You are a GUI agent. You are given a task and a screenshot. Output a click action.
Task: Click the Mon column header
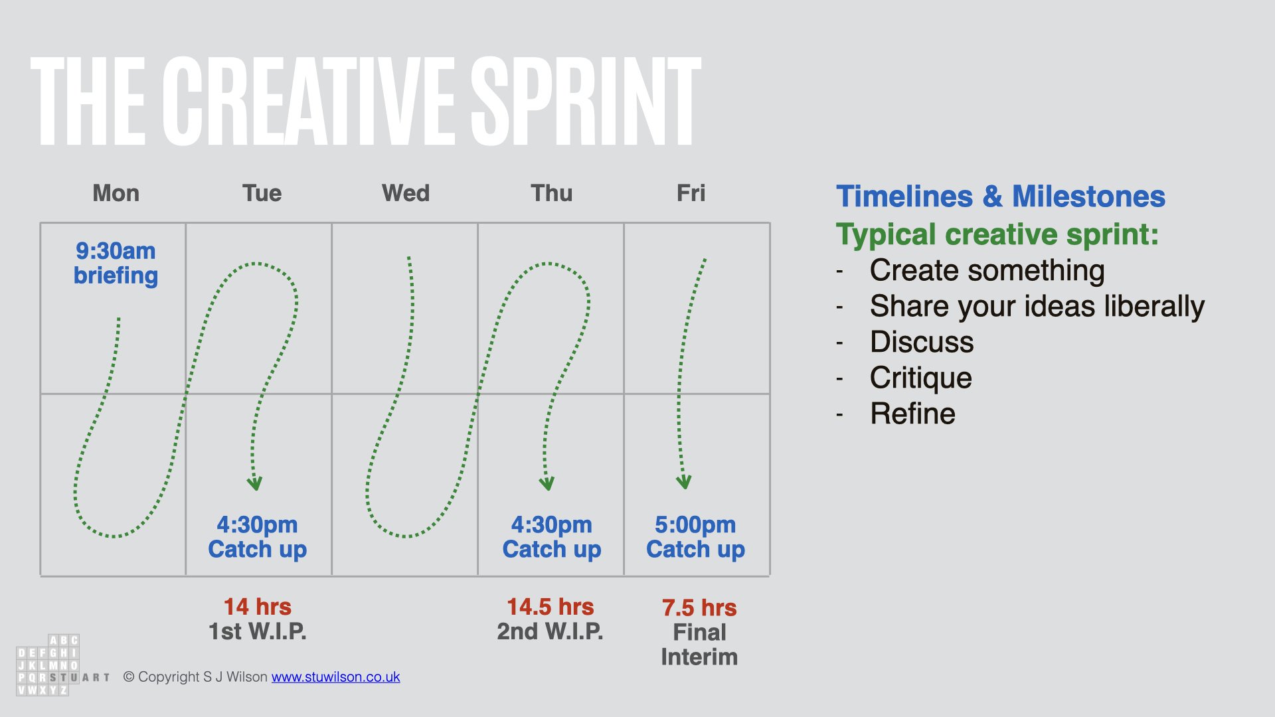[x=116, y=193]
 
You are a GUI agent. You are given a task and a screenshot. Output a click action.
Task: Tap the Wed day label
[x=406, y=193]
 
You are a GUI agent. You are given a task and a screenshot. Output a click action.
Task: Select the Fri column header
[x=691, y=193]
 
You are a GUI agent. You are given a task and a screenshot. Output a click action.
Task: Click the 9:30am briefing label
[x=116, y=263]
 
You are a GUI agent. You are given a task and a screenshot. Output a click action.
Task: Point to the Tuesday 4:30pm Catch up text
[x=258, y=537]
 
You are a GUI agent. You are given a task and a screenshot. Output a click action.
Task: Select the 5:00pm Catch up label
[x=695, y=537]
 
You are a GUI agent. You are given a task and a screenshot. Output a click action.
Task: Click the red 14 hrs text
[x=258, y=607]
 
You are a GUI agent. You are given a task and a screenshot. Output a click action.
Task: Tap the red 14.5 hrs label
[x=551, y=607]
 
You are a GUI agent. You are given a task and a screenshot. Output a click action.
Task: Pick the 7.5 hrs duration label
[x=699, y=607]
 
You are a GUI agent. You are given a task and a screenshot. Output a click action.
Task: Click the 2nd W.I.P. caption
[x=551, y=631]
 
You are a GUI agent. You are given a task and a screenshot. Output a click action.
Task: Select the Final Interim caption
[x=699, y=645]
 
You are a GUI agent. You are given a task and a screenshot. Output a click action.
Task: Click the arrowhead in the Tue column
[x=255, y=483]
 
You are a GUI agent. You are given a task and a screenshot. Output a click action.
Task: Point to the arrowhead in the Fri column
[x=684, y=482]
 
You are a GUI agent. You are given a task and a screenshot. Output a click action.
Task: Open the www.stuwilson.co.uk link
[x=335, y=677]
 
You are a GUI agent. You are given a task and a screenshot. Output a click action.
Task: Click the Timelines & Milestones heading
[x=1001, y=197]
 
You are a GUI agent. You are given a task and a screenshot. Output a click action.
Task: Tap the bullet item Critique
[x=921, y=378]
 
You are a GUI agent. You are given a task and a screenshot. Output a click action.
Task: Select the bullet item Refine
[x=913, y=414]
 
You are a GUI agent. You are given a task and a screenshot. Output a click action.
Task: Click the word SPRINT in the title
[x=586, y=101]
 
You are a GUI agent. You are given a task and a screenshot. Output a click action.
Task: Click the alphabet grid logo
[x=48, y=665]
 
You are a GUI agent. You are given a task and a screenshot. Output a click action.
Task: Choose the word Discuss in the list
[x=922, y=342]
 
